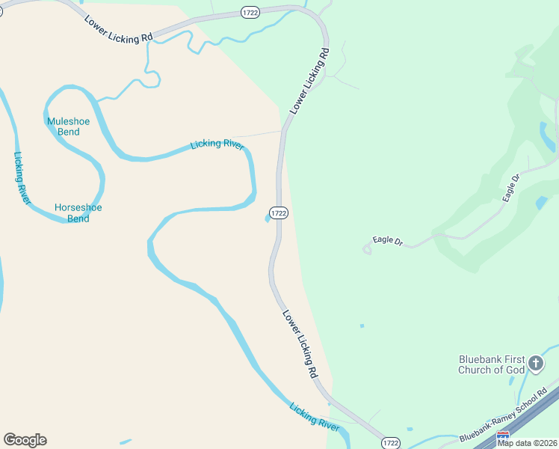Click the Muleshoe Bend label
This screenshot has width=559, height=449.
[63, 126]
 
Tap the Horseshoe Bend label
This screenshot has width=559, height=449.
[78, 213]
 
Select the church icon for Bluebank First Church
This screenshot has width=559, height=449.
[535, 364]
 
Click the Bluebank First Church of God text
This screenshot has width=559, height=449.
[492, 364]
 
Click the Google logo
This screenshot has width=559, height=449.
[25, 440]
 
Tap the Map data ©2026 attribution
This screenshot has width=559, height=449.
[527, 443]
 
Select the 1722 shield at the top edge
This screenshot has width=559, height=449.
[250, 12]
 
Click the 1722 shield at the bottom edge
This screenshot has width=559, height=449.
[390, 443]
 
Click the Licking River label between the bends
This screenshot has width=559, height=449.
[217, 144]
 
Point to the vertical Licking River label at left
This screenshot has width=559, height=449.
[22, 177]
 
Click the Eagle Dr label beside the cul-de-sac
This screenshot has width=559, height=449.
[388, 242]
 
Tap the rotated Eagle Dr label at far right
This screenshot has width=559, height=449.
[511, 188]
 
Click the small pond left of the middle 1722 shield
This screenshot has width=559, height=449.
[268, 219]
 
